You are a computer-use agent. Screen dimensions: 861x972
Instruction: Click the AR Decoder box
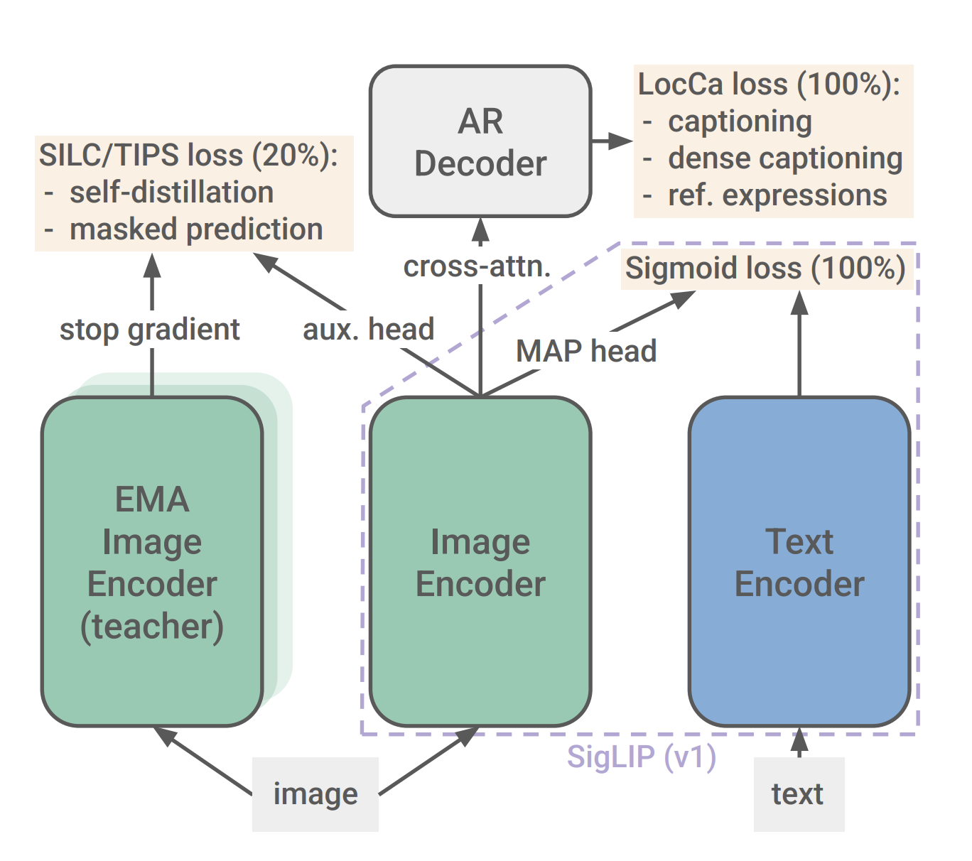(x=480, y=141)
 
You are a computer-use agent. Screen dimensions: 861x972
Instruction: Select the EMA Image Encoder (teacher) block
(x=152, y=561)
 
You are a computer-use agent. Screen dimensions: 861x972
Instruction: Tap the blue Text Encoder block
(x=799, y=561)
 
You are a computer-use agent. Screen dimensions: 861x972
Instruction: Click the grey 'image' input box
(x=315, y=794)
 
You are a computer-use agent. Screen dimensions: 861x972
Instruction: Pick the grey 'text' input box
(x=799, y=794)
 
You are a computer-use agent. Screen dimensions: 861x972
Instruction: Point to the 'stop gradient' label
(x=150, y=330)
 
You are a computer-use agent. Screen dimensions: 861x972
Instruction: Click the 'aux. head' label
(x=368, y=330)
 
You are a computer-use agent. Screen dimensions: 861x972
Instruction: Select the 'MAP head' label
(x=586, y=351)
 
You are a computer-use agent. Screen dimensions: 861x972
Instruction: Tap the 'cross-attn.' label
(x=477, y=266)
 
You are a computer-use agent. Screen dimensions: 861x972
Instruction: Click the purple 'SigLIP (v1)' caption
(x=642, y=757)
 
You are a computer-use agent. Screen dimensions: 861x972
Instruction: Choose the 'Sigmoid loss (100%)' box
(x=765, y=269)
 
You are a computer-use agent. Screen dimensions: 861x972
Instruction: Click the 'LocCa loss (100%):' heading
(x=769, y=85)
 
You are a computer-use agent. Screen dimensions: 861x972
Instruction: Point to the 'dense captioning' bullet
(x=785, y=158)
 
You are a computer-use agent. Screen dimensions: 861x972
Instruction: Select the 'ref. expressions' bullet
(x=777, y=195)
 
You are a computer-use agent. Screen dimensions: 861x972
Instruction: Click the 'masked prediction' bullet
(x=196, y=229)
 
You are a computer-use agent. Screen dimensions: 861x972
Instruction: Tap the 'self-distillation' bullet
(x=171, y=193)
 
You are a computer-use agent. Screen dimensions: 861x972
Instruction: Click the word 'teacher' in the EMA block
(x=152, y=627)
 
